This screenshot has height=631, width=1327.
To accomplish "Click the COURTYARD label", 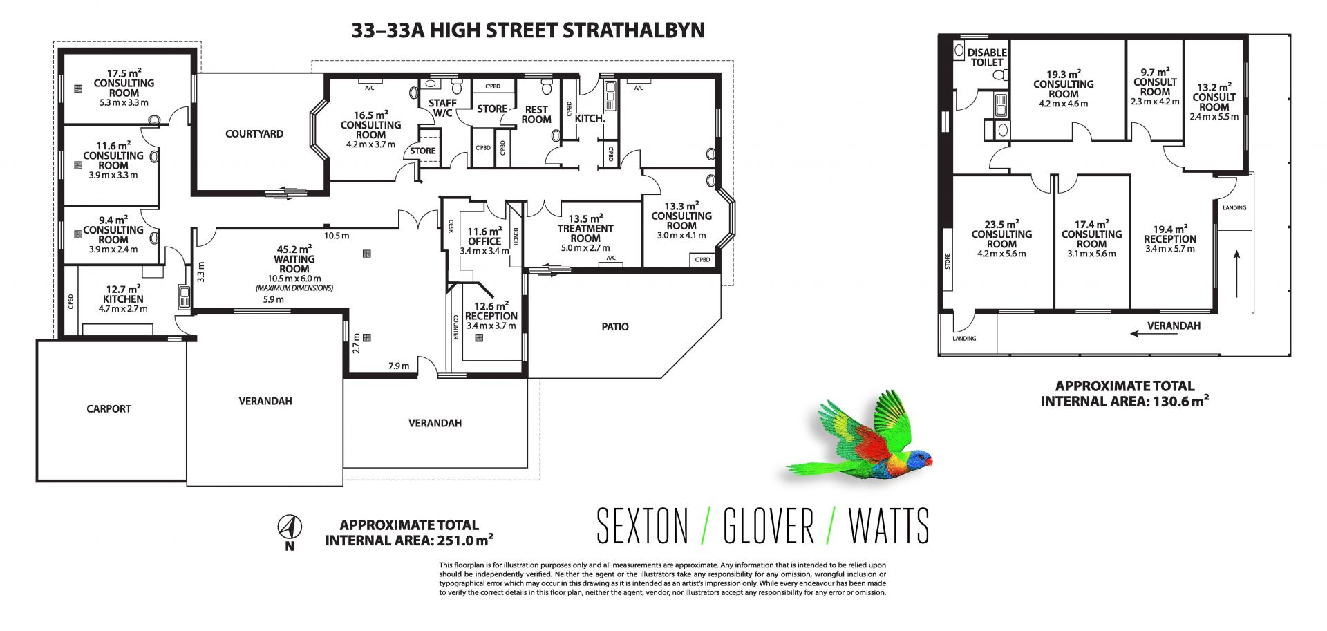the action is point(254,134).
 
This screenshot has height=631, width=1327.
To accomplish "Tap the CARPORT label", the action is point(109,409).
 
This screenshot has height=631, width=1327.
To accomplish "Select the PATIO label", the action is point(615,327).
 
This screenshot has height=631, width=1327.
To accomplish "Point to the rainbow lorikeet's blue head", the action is point(919,458).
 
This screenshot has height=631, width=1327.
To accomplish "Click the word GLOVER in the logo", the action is point(769,526).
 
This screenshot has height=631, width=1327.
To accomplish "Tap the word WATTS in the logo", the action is point(889,526).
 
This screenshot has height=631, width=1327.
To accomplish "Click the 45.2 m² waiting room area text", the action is point(294,249).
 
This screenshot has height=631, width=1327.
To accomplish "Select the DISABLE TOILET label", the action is point(987,57).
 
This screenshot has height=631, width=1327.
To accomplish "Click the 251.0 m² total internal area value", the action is point(465,540).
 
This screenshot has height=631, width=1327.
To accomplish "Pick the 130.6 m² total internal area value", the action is point(1181,401).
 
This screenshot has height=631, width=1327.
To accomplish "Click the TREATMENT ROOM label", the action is point(585,234).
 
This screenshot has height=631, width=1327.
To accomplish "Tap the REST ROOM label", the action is point(536,115).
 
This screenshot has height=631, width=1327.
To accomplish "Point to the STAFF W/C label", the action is point(442,109).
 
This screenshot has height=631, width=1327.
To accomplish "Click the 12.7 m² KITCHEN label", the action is point(123,294).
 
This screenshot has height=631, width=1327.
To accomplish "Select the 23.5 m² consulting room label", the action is point(1001,234).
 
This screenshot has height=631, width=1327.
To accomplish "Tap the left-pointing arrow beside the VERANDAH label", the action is point(1154,334).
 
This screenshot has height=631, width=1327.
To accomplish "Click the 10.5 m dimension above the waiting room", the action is point(337,236).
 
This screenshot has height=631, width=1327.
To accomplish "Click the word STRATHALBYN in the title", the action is point(634,30).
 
